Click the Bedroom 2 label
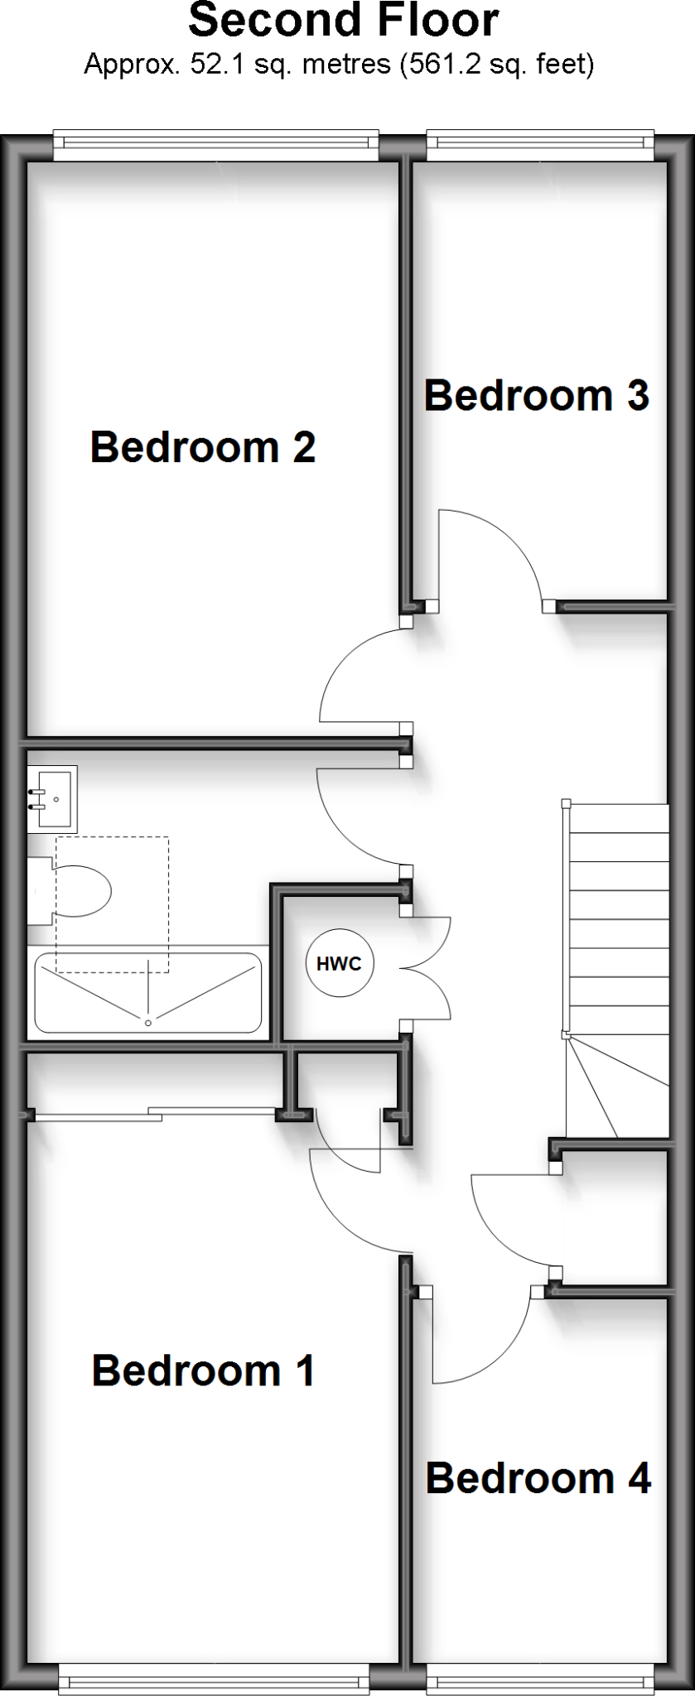click(203, 447)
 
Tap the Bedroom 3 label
click(536, 396)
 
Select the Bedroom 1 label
click(203, 1371)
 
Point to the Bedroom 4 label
click(538, 1478)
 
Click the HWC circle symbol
click(340, 964)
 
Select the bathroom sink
click(52, 799)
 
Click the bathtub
click(148, 993)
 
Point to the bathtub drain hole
click(148, 1024)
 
